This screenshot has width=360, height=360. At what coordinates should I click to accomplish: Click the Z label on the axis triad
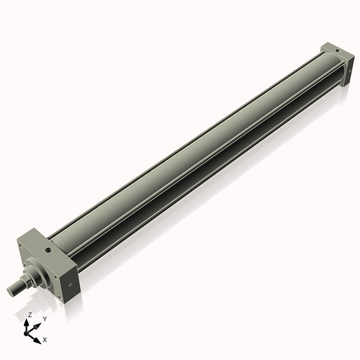(x=29, y=315)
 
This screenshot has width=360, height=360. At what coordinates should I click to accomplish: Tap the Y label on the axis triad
(x=45, y=318)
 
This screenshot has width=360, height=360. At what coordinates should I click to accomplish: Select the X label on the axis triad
(x=45, y=338)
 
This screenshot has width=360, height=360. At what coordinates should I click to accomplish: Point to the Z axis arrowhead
(x=29, y=322)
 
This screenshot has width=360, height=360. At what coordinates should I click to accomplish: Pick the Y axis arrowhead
(x=39, y=322)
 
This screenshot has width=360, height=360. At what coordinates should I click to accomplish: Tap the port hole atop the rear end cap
(x=333, y=49)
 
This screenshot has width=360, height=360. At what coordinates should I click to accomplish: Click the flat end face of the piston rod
(x=11, y=290)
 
